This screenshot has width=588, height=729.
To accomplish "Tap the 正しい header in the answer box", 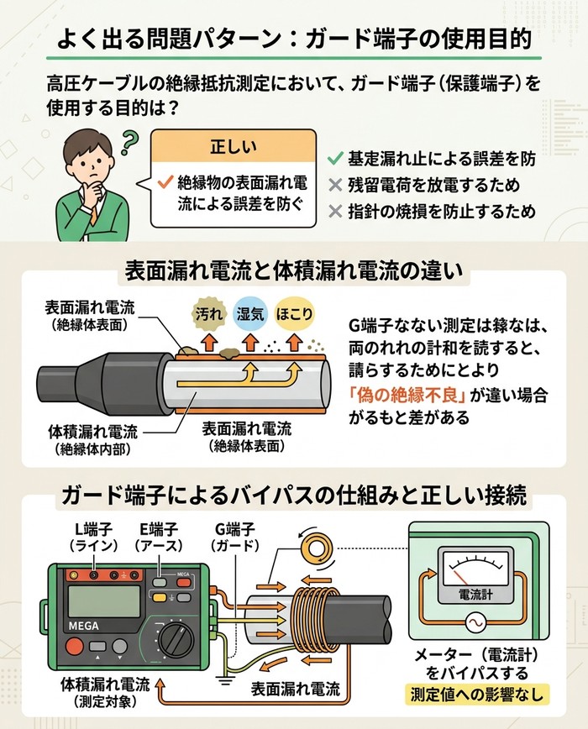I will tap(233, 146).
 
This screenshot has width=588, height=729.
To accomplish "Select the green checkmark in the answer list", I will tap(335, 157).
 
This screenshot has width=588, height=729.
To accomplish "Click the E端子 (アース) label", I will tap(159, 538).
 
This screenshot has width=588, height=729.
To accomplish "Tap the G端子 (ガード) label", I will tap(223, 538).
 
